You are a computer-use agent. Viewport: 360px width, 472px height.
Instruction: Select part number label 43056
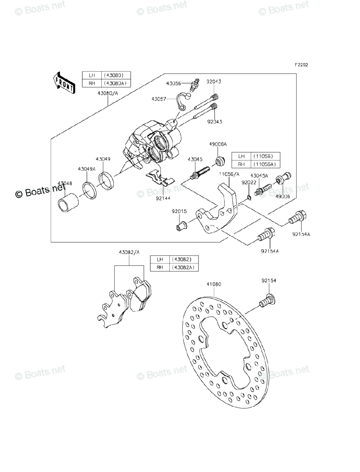(173, 83)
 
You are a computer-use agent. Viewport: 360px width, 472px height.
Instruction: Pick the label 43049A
(86, 169)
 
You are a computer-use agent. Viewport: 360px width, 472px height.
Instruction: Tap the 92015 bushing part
(182, 226)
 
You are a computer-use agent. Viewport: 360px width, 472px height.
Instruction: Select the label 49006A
(218, 144)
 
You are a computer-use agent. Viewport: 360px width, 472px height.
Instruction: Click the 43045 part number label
(195, 159)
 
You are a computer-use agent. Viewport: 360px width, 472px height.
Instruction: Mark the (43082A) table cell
(184, 267)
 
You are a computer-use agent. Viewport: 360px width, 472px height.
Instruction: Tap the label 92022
(248, 183)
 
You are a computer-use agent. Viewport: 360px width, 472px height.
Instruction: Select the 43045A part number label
(260, 176)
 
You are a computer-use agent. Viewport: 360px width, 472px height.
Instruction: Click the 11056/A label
(229, 173)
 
